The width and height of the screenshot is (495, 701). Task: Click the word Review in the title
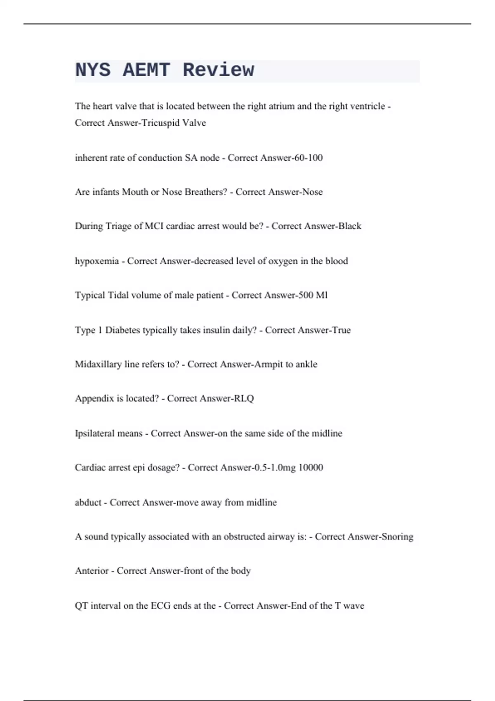[x=218, y=70]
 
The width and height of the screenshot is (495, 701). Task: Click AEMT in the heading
[x=146, y=70]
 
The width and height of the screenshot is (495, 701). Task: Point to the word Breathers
[x=205, y=192]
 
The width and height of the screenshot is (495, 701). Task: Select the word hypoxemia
[x=97, y=261]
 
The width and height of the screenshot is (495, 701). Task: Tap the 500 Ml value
[x=312, y=295]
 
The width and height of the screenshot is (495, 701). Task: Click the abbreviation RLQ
[x=244, y=398]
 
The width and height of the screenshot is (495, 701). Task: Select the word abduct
[x=88, y=502]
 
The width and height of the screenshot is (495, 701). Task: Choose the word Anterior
[x=92, y=571]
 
